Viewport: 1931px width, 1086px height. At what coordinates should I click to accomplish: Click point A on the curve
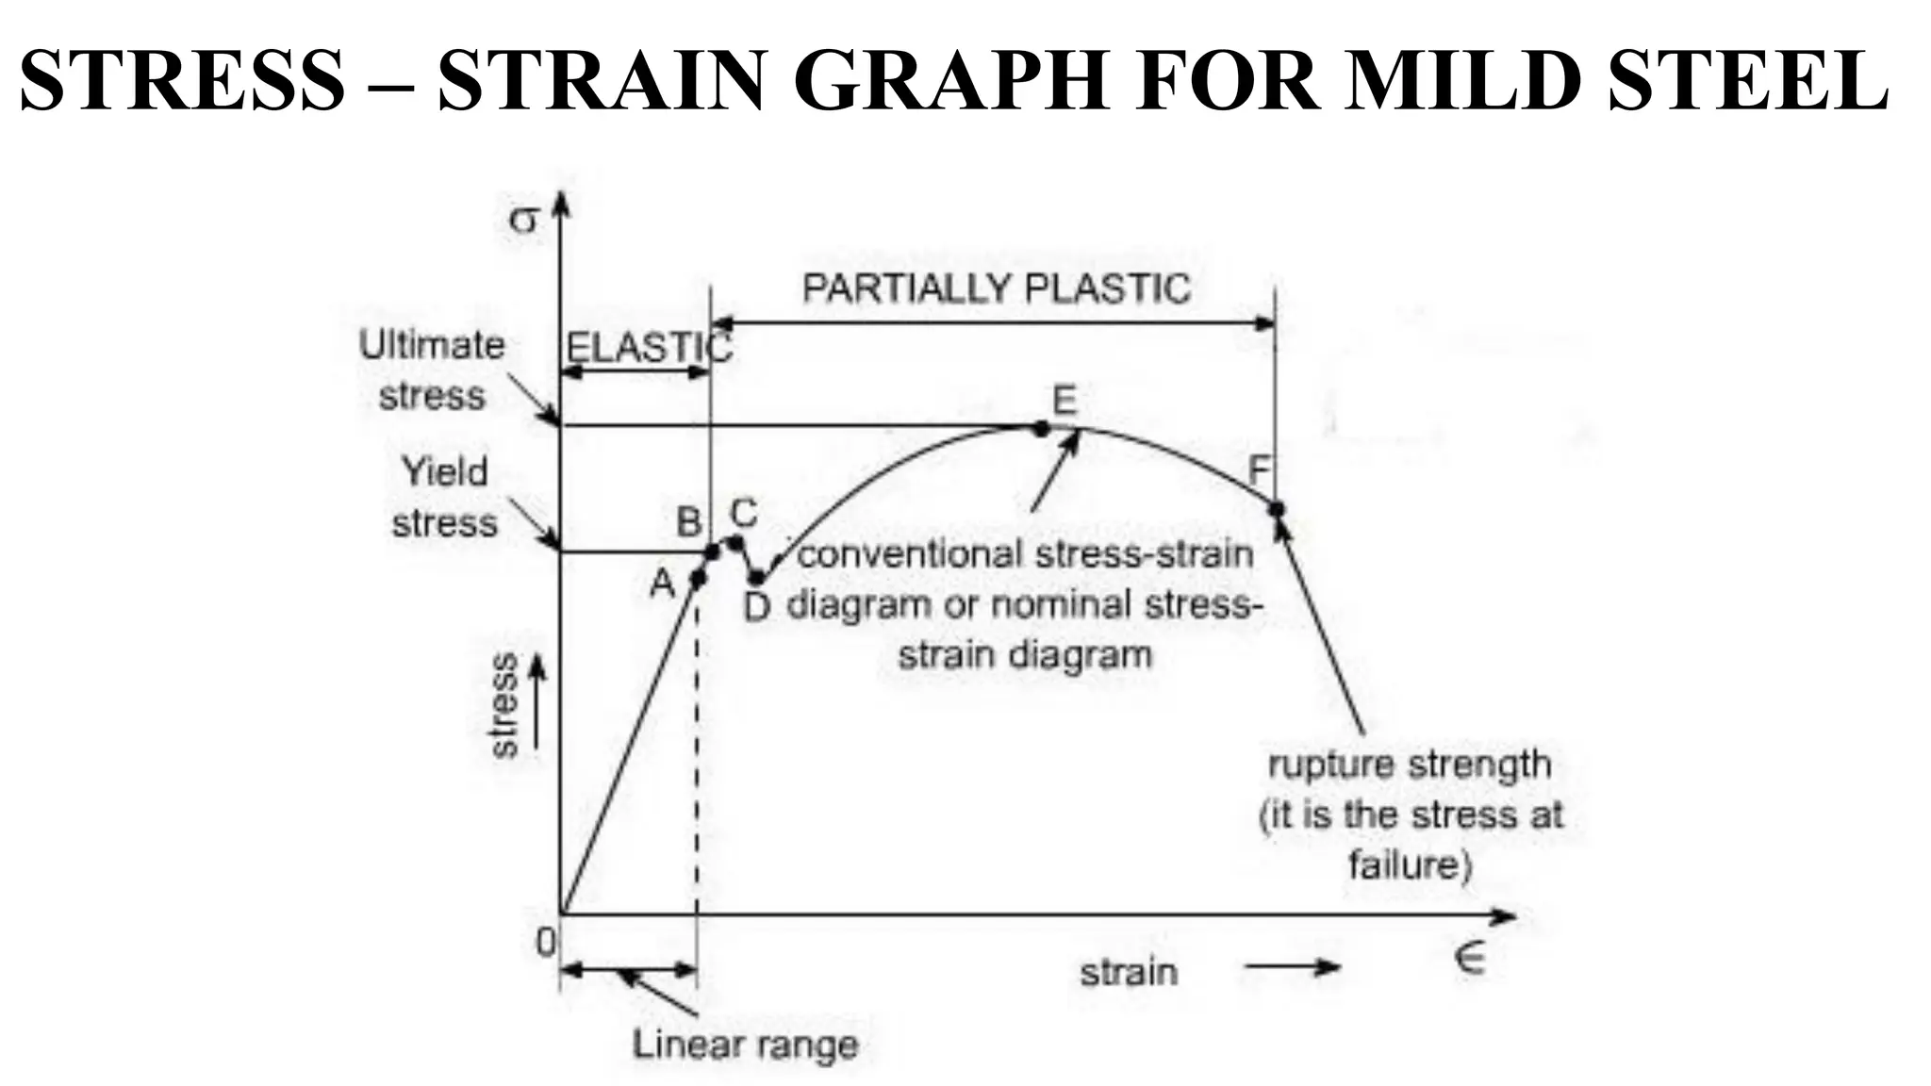pos(698,578)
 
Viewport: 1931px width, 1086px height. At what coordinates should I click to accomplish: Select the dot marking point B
pos(712,551)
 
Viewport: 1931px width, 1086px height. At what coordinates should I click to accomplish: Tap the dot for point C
pos(736,542)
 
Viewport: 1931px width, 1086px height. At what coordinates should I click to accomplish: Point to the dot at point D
pos(756,577)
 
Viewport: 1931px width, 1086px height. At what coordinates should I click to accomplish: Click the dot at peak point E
pos(1041,428)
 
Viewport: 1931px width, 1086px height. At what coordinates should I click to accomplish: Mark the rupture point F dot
pos(1277,509)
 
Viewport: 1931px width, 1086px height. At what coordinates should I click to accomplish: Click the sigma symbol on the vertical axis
pos(523,220)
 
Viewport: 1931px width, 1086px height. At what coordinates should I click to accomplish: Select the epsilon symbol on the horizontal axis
pos(1469,958)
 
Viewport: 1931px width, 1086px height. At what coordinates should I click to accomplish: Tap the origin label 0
pos(545,941)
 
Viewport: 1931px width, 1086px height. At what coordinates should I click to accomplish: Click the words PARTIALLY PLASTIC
pos(996,288)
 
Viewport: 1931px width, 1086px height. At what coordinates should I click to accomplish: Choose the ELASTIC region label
pos(648,348)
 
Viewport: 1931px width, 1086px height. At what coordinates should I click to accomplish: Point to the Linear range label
pos(745,1045)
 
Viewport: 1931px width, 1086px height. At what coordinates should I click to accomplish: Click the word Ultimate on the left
pos(432,345)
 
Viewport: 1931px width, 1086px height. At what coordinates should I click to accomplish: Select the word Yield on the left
pos(444,471)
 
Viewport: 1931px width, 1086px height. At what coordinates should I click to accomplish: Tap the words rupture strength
pos(1409,765)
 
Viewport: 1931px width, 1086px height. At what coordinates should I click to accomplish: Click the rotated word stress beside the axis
pos(504,704)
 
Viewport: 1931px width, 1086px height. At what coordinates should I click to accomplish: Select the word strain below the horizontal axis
pos(1129,971)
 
